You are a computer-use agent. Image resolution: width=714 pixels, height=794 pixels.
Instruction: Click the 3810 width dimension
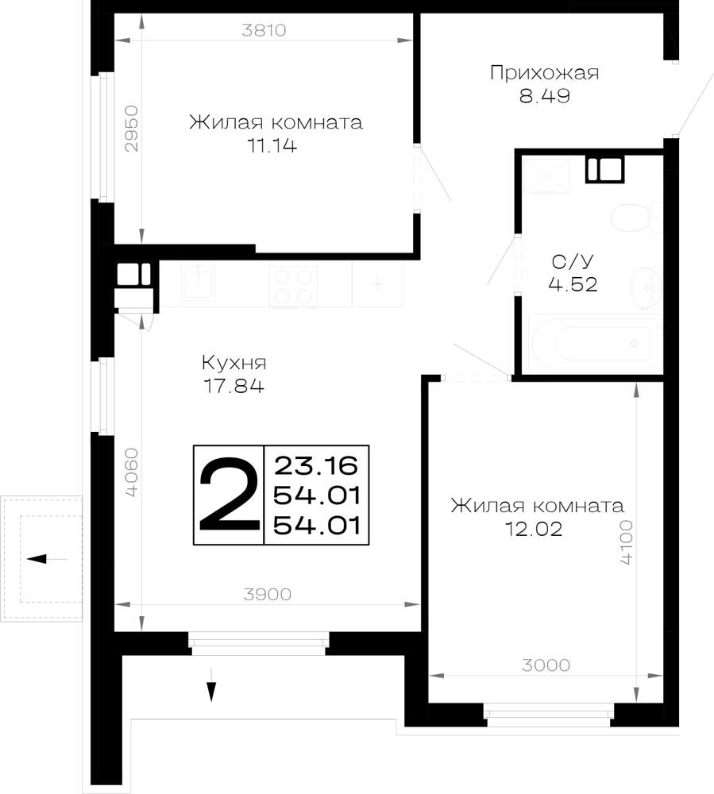click(x=264, y=30)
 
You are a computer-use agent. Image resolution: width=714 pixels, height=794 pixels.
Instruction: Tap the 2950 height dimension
click(x=131, y=129)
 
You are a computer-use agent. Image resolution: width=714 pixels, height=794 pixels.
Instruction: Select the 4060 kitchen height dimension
click(x=131, y=472)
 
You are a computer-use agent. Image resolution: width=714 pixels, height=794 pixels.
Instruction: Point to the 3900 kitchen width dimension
click(x=268, y=594)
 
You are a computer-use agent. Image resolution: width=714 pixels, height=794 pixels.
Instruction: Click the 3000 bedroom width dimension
click(x=546, y=665)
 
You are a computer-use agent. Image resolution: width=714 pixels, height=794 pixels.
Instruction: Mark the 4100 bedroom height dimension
click(x=627, y=542)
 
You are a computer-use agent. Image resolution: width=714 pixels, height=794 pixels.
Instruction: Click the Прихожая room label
click(x=544, y=73)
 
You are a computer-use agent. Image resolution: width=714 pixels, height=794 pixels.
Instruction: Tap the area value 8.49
click(x=545, y=96)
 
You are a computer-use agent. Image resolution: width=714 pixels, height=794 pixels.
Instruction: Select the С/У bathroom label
click(x=573, y=262)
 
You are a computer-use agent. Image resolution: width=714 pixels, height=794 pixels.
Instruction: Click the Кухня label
click(x=234, y=363)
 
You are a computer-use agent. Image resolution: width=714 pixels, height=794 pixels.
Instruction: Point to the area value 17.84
click(x=234, y=387)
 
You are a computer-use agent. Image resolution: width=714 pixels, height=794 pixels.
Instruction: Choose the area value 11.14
click(x=272, y=146)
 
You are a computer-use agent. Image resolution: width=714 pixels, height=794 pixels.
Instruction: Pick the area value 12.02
click(x=534, y=529)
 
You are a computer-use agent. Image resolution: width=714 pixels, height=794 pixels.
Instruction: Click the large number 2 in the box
click(x=229, y=494)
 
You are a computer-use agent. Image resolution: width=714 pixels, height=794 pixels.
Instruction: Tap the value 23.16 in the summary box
click(x=316, y=466)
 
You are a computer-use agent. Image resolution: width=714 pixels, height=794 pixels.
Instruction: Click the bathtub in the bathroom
click(x=592, y=344)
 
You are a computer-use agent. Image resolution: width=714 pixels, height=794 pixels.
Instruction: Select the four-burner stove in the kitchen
click(x=293, y=286)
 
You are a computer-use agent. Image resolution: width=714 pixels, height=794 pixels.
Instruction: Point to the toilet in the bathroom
click(x=636, y=218)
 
